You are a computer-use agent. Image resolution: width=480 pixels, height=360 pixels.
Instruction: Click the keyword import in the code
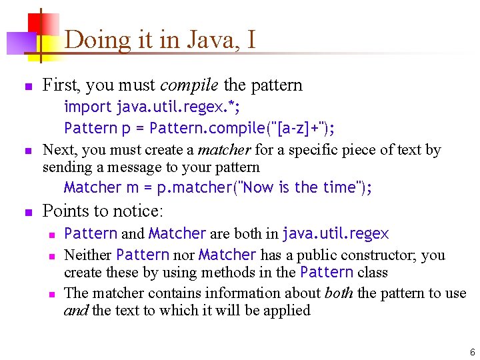click(x=88, y=107)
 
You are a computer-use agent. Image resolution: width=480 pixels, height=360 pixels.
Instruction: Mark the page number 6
click(x=472, y=352)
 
